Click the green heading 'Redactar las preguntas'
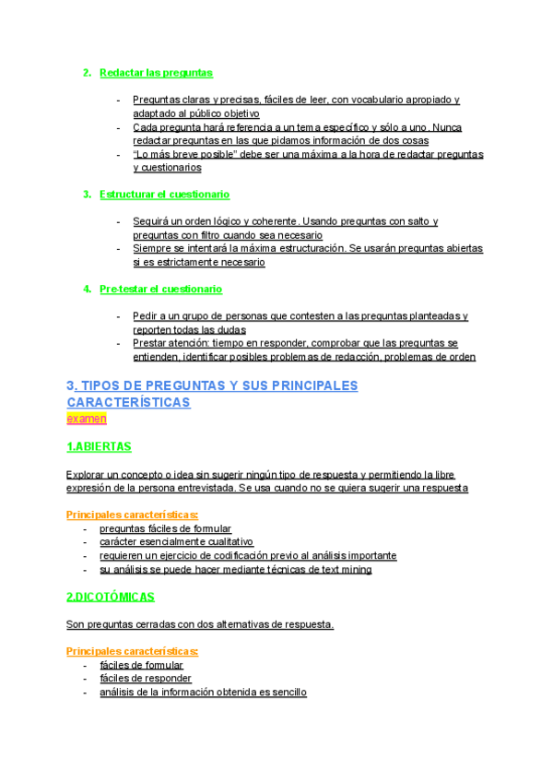(156, 73)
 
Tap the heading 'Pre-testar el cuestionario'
(160, 289)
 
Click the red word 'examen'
(87, 418)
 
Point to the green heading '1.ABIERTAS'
(99, 446)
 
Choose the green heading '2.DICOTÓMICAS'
(111, 597)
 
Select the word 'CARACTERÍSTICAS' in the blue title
(128, 402)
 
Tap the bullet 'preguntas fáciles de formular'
(166, 528)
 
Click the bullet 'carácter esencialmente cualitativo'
(176, 542)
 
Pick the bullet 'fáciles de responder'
(146, 678)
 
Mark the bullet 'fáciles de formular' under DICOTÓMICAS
(141, 665)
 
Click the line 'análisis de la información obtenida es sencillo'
(203, 692)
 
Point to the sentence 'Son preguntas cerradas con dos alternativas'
(200, 624)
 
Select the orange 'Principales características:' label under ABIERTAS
(133, 515)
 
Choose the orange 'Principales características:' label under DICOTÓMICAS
(133, 651)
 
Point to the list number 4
(87, 289)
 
